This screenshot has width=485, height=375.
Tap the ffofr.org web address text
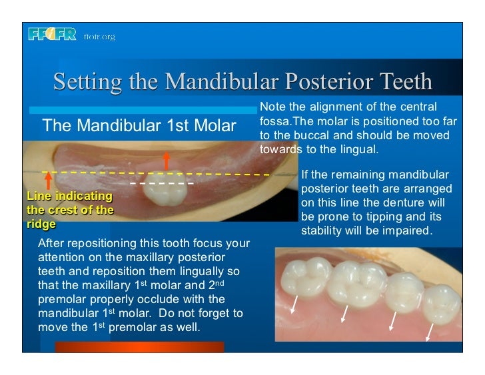click(x=99, y=36)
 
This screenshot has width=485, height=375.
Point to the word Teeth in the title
click(x=403, y=83)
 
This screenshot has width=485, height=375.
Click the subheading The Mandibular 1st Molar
click(x=139, y=125)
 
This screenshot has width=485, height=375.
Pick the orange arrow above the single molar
click(x=166, y=161)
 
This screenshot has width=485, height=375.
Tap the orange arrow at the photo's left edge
click(x=48, y=180)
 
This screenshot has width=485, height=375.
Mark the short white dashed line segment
click(x=162, y=183)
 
